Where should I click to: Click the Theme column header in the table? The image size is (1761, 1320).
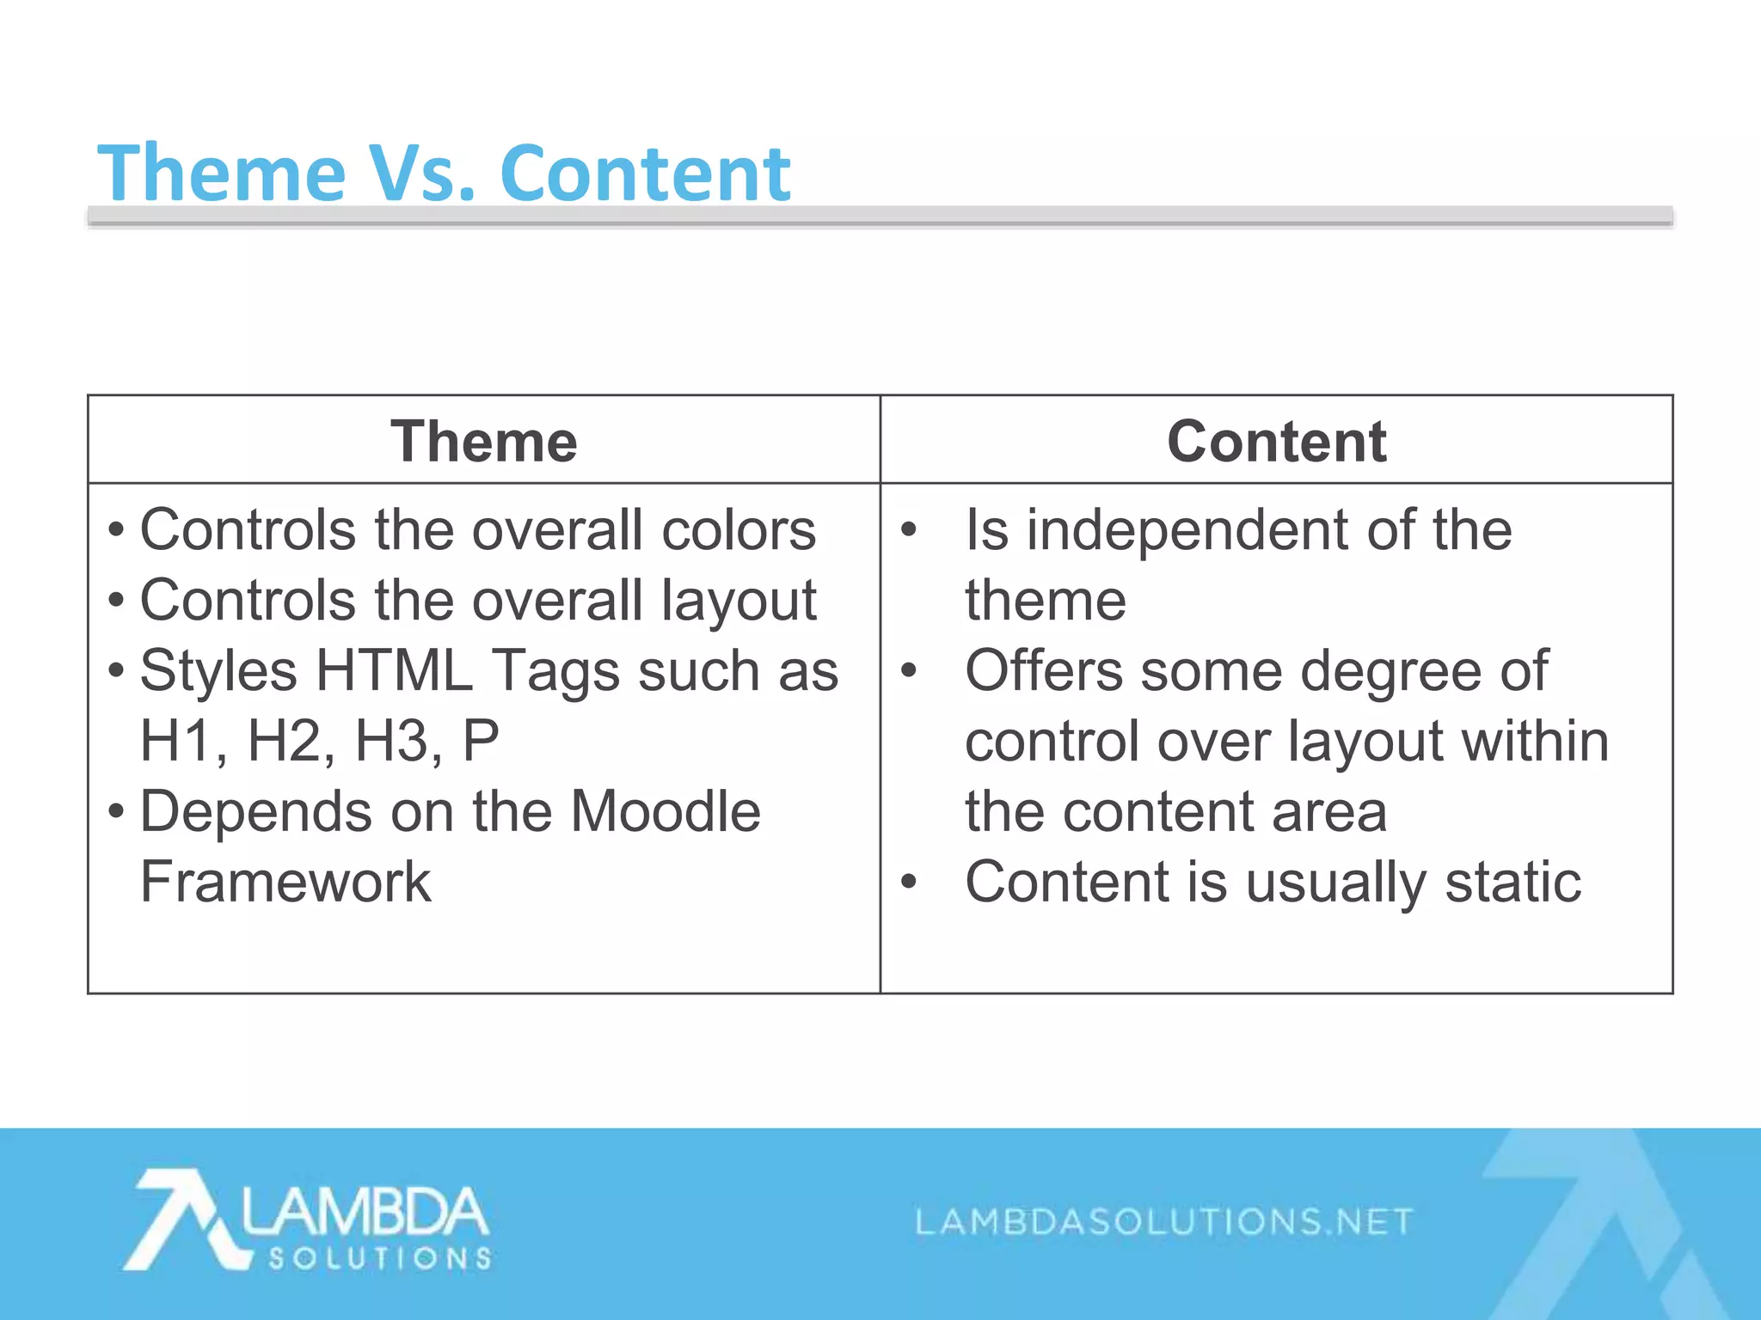coord(483,442)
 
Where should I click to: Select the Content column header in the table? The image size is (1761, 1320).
coord(1276,442)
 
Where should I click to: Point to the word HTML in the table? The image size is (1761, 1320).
coord(394,671)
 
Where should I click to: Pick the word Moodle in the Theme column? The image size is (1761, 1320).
coord(666,812)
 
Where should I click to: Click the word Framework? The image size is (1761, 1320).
coord(285,883)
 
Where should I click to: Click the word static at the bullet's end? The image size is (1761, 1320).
coord(1512,883)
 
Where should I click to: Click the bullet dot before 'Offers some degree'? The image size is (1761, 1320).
coord(909,670)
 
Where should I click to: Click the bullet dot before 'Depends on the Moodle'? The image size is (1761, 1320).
coord(117,811)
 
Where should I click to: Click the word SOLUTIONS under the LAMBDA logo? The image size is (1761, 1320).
coord(379,1259)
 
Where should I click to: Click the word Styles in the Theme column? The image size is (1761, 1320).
coord(218,671)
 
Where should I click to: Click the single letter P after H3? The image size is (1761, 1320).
coord(480,742)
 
